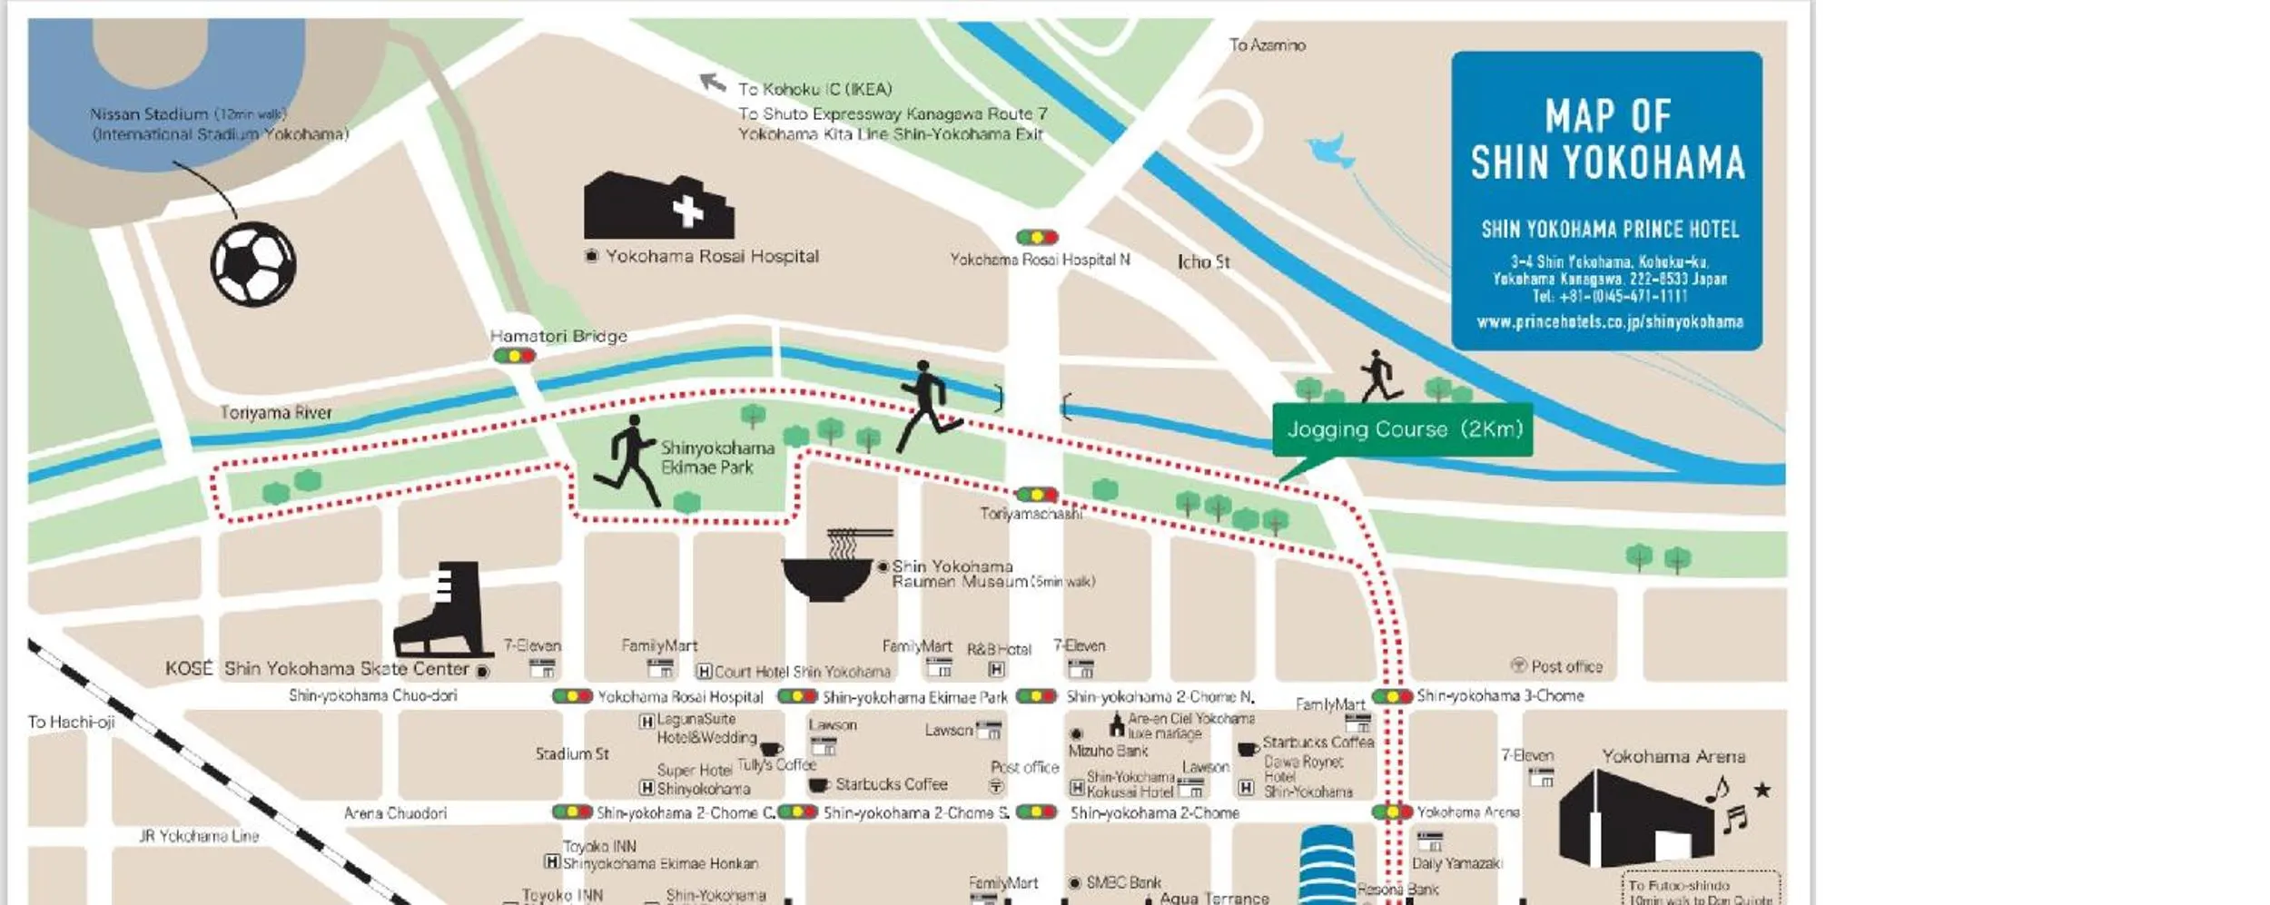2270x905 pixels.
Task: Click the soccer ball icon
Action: tap(253, 264)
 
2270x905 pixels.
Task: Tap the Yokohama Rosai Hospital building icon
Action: tap(658, 207)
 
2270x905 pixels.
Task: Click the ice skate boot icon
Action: tap(445, 610)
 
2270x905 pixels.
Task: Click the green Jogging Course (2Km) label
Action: tap(1403, 429)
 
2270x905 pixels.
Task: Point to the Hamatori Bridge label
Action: tap(558, 336)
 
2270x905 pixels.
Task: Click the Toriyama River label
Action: tap(276, 412)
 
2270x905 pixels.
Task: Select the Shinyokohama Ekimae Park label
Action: tap(717, 457)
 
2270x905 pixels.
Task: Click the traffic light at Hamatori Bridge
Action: tap(515, 356)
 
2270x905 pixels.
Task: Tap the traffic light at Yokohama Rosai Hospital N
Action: tap(1037, 238)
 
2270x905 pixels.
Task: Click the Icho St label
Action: tap(1203, 261)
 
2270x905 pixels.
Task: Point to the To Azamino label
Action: tap(1267, 44)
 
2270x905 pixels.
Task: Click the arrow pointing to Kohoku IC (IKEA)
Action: tap(713, 84)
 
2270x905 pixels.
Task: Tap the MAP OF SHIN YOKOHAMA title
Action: tap(1607, 140)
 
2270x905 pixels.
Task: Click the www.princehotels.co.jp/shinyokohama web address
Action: tap(1609, 321)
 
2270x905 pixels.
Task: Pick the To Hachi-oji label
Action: tap(71, 722)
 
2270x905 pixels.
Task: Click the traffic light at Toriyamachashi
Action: tap(1037, 495)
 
